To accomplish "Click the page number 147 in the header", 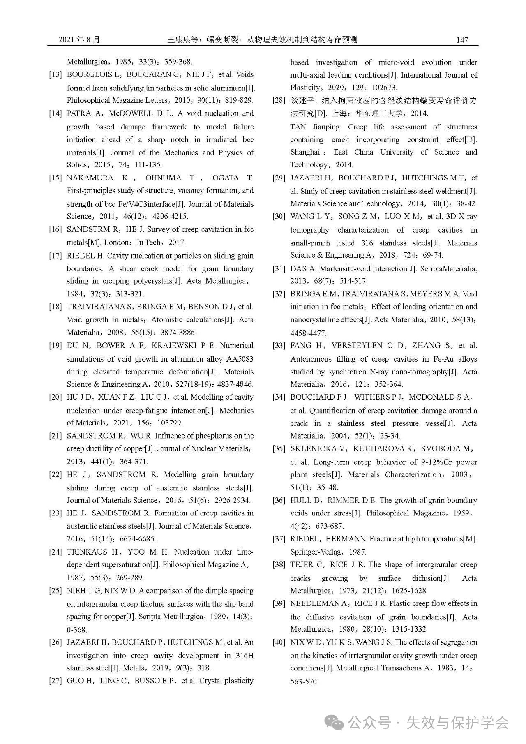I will [x=462, y=40].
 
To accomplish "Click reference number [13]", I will [x=55, y=75].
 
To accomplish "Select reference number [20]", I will [x=55, y=397].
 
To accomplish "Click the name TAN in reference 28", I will [x=298, y=127].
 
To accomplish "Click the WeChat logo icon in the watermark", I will [x=335, y=722].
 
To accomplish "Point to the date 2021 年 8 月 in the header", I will [x=79, y=40].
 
